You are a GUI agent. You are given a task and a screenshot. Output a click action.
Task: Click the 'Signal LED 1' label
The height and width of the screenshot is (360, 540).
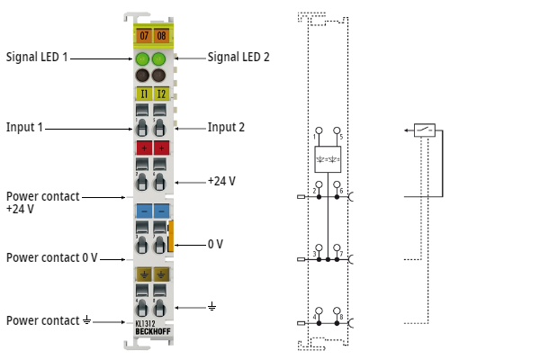click(37, 57)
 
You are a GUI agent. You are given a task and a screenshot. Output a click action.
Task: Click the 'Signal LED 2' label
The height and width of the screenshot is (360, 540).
click(238, 57)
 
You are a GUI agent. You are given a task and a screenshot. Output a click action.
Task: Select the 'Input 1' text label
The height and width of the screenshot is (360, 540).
click(24, 128)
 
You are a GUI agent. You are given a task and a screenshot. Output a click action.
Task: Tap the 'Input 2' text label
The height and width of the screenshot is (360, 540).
click(226, 128)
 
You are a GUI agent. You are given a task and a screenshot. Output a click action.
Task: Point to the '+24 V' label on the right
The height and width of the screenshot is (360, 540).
click(221, 181)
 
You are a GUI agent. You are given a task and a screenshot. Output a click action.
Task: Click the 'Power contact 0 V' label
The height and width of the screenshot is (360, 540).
click(51, 258)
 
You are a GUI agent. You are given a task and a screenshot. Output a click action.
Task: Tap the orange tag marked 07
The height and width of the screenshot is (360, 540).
click(142, 36)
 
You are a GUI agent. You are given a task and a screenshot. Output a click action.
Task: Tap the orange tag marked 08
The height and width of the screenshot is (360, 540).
click(160, 36)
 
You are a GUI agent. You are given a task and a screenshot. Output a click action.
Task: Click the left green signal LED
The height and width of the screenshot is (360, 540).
click(142, 61)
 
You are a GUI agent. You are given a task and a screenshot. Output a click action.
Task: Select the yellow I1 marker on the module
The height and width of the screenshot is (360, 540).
click(143, 94)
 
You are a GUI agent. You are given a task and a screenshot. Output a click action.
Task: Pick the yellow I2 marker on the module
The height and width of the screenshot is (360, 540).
click(160, 94)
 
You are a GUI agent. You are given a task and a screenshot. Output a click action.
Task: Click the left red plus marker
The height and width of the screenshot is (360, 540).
click(143, 148)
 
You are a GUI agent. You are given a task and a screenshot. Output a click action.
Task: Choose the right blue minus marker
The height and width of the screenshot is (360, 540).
click(160, 211)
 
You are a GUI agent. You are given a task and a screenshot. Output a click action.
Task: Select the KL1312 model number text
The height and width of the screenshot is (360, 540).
click(145, 323)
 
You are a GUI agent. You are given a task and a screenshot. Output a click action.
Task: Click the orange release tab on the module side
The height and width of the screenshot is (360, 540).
click(170, 236)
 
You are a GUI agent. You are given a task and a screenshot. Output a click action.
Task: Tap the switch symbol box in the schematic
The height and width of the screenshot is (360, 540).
click(426, 130)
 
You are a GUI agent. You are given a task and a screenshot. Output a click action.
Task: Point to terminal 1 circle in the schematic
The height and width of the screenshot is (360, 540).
click(317, 130)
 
